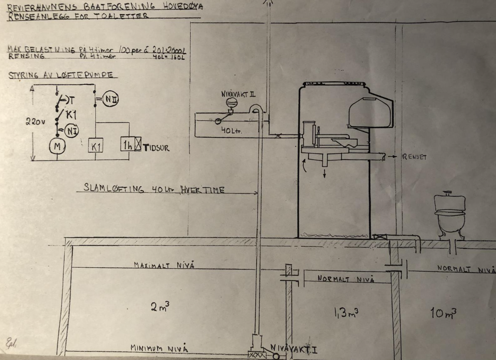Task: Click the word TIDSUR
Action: coord(155,148)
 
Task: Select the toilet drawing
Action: coord(450,216)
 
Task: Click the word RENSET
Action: coord(414,157)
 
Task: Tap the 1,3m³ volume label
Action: coord(346,313)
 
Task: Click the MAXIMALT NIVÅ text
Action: coord(163,265)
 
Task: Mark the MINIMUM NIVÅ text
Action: coord(159,348)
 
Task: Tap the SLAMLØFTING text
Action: coord(109,189)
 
